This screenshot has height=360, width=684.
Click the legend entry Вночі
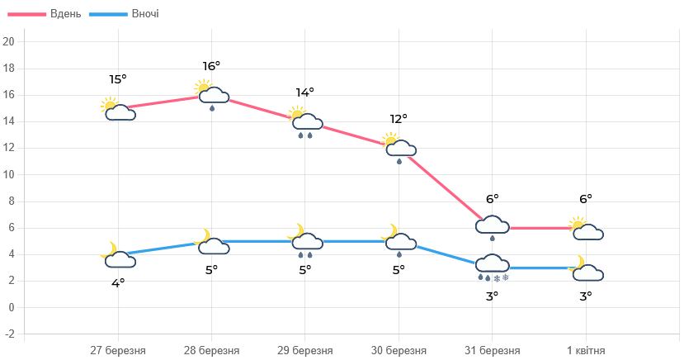tap(125, 14)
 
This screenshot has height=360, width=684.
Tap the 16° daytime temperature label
tap(211, 66)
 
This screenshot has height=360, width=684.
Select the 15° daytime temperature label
tap(118, 79)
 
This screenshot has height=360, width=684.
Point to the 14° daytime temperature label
tap(304, 92)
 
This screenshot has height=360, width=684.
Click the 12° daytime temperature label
tap(399, 119)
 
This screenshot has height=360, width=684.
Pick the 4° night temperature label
tap(118, 283)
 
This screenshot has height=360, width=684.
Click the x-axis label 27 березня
tap(118, 349)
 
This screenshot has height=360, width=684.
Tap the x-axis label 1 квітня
tap(585, 349)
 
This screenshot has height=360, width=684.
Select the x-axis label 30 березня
tap(399, 349)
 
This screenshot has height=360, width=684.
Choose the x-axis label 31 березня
tap(492, 349)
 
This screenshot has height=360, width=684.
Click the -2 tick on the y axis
tap(8, 334)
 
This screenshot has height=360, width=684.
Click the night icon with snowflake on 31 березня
tap(493, 268)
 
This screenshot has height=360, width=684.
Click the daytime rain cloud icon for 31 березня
tap(493, 227)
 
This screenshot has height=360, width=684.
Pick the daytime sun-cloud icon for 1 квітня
tap(586, 229)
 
